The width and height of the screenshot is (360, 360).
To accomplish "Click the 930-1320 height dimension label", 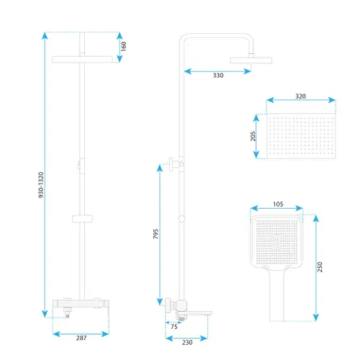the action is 41,185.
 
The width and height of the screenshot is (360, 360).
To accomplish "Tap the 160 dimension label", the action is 124,46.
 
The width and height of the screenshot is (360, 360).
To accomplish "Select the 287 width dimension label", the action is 81,338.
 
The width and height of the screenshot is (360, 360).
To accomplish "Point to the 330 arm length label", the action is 218,76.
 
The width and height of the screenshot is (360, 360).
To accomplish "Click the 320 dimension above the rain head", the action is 300,96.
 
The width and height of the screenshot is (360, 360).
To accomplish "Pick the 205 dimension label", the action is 253,136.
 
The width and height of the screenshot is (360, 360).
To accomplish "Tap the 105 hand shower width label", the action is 278,204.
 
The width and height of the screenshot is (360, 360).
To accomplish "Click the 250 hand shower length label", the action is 320,267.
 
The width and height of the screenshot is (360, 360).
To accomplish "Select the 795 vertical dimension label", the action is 156,234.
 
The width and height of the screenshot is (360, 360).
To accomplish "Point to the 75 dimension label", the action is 174,327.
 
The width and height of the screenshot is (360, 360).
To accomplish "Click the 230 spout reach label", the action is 187,342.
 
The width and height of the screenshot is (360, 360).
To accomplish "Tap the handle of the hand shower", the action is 276,295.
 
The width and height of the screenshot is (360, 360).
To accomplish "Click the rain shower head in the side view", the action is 251,60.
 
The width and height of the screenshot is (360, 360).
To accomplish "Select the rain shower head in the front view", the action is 82,59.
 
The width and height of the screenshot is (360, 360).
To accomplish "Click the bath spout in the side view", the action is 199,313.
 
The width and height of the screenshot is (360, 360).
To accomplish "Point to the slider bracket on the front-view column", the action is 82,219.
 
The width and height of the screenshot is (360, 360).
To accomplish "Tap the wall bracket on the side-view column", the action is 176,164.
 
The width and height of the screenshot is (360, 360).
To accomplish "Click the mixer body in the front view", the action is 81,304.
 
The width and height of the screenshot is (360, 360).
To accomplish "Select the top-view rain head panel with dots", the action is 301,136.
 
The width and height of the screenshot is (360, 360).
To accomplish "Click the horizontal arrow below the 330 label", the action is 217,71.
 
